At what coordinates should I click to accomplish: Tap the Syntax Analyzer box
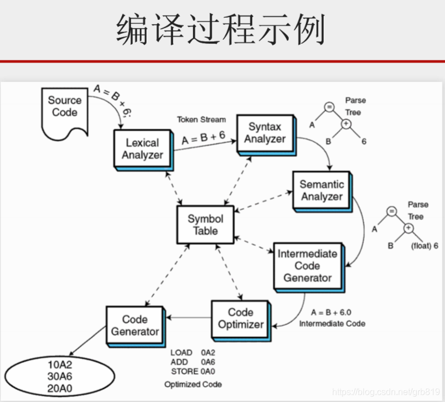pyautogui.click(x=265, y=133)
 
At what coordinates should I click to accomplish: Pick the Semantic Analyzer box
pyautogui.click(x=321, y=190)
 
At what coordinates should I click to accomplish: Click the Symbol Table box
pyautogui.click(x=205, y=224)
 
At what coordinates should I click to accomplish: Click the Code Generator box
pyautogui.click(x=134, y=325)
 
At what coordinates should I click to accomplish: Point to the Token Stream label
pyautogui.click(x=201, y=119)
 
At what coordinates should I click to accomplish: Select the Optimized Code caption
pyautogui.click(x=193, y=384)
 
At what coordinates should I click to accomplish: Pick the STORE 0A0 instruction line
pyautogui.click(x=193, y=370)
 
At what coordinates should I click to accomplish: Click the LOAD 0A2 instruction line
pyautogui.click(x=192, y=352)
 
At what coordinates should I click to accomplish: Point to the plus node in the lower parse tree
pyautogui.click(x=408, y=228)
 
